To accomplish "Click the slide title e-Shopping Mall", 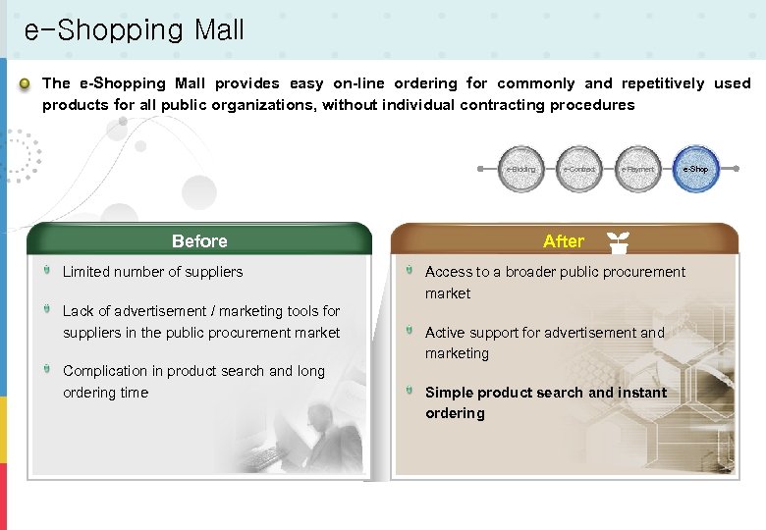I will click(x=134, y=30).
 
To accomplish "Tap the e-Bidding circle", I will click(x=521, y=169).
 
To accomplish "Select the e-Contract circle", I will click(x=579, y=169).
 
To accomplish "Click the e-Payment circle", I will click(x=637, y=169).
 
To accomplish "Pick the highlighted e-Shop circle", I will click(x=695, y=169).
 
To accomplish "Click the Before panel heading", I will click(x=199, y=241).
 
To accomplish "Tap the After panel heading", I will click(x=564, y=241).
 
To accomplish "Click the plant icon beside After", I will click(x=618, y=240).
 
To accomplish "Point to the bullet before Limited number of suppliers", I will click(x=47, y=270).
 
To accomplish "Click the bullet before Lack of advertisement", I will click(x=47, y=309).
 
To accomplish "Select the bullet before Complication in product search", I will click(x=47, y=369).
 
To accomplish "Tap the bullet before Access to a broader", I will click(x=410, y=270).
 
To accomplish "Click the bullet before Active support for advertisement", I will click(x=410, y=331).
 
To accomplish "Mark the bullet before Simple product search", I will click(x=410, y=391).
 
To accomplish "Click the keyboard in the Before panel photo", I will click(x=261, y=457).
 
